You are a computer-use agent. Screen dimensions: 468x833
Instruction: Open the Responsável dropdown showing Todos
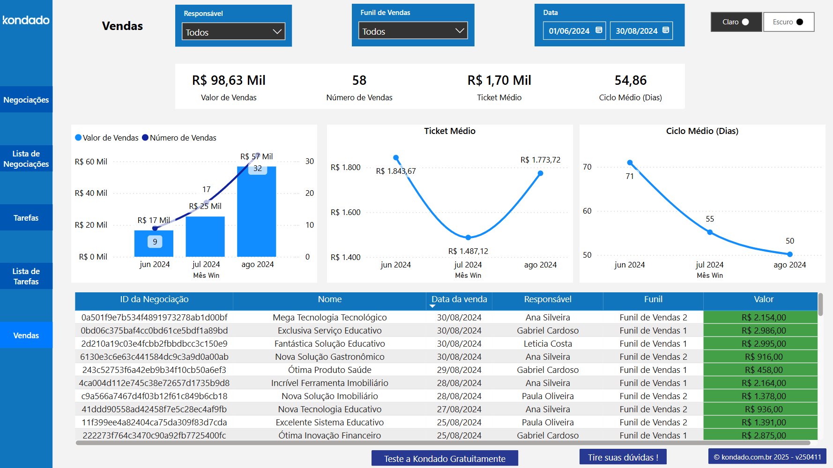[233, 32]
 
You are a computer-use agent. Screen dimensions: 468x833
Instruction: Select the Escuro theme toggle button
[788, 22]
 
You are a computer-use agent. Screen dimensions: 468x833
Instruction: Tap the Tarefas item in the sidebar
[26, 218]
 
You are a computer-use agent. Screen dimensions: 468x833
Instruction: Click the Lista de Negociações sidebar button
[26, 159]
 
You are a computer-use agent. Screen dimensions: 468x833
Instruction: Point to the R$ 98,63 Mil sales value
[229, 81]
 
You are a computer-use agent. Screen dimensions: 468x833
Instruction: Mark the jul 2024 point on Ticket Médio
[468, 238]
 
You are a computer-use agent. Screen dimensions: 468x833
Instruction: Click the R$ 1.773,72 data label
[540, 160]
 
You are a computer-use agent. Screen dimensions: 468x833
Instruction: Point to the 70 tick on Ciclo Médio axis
[587, 167]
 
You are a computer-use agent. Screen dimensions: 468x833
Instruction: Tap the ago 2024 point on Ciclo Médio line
[790, 254]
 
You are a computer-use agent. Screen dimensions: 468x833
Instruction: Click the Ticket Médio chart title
[450, 131]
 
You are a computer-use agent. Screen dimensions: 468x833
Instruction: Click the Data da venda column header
[459, 299]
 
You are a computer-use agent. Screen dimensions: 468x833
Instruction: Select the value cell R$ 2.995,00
[764, 344]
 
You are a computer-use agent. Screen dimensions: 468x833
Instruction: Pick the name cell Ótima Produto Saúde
[329, 370]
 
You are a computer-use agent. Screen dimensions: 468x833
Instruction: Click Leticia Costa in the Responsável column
[548, 344]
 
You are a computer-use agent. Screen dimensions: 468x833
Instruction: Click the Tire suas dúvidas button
[623, 457]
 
